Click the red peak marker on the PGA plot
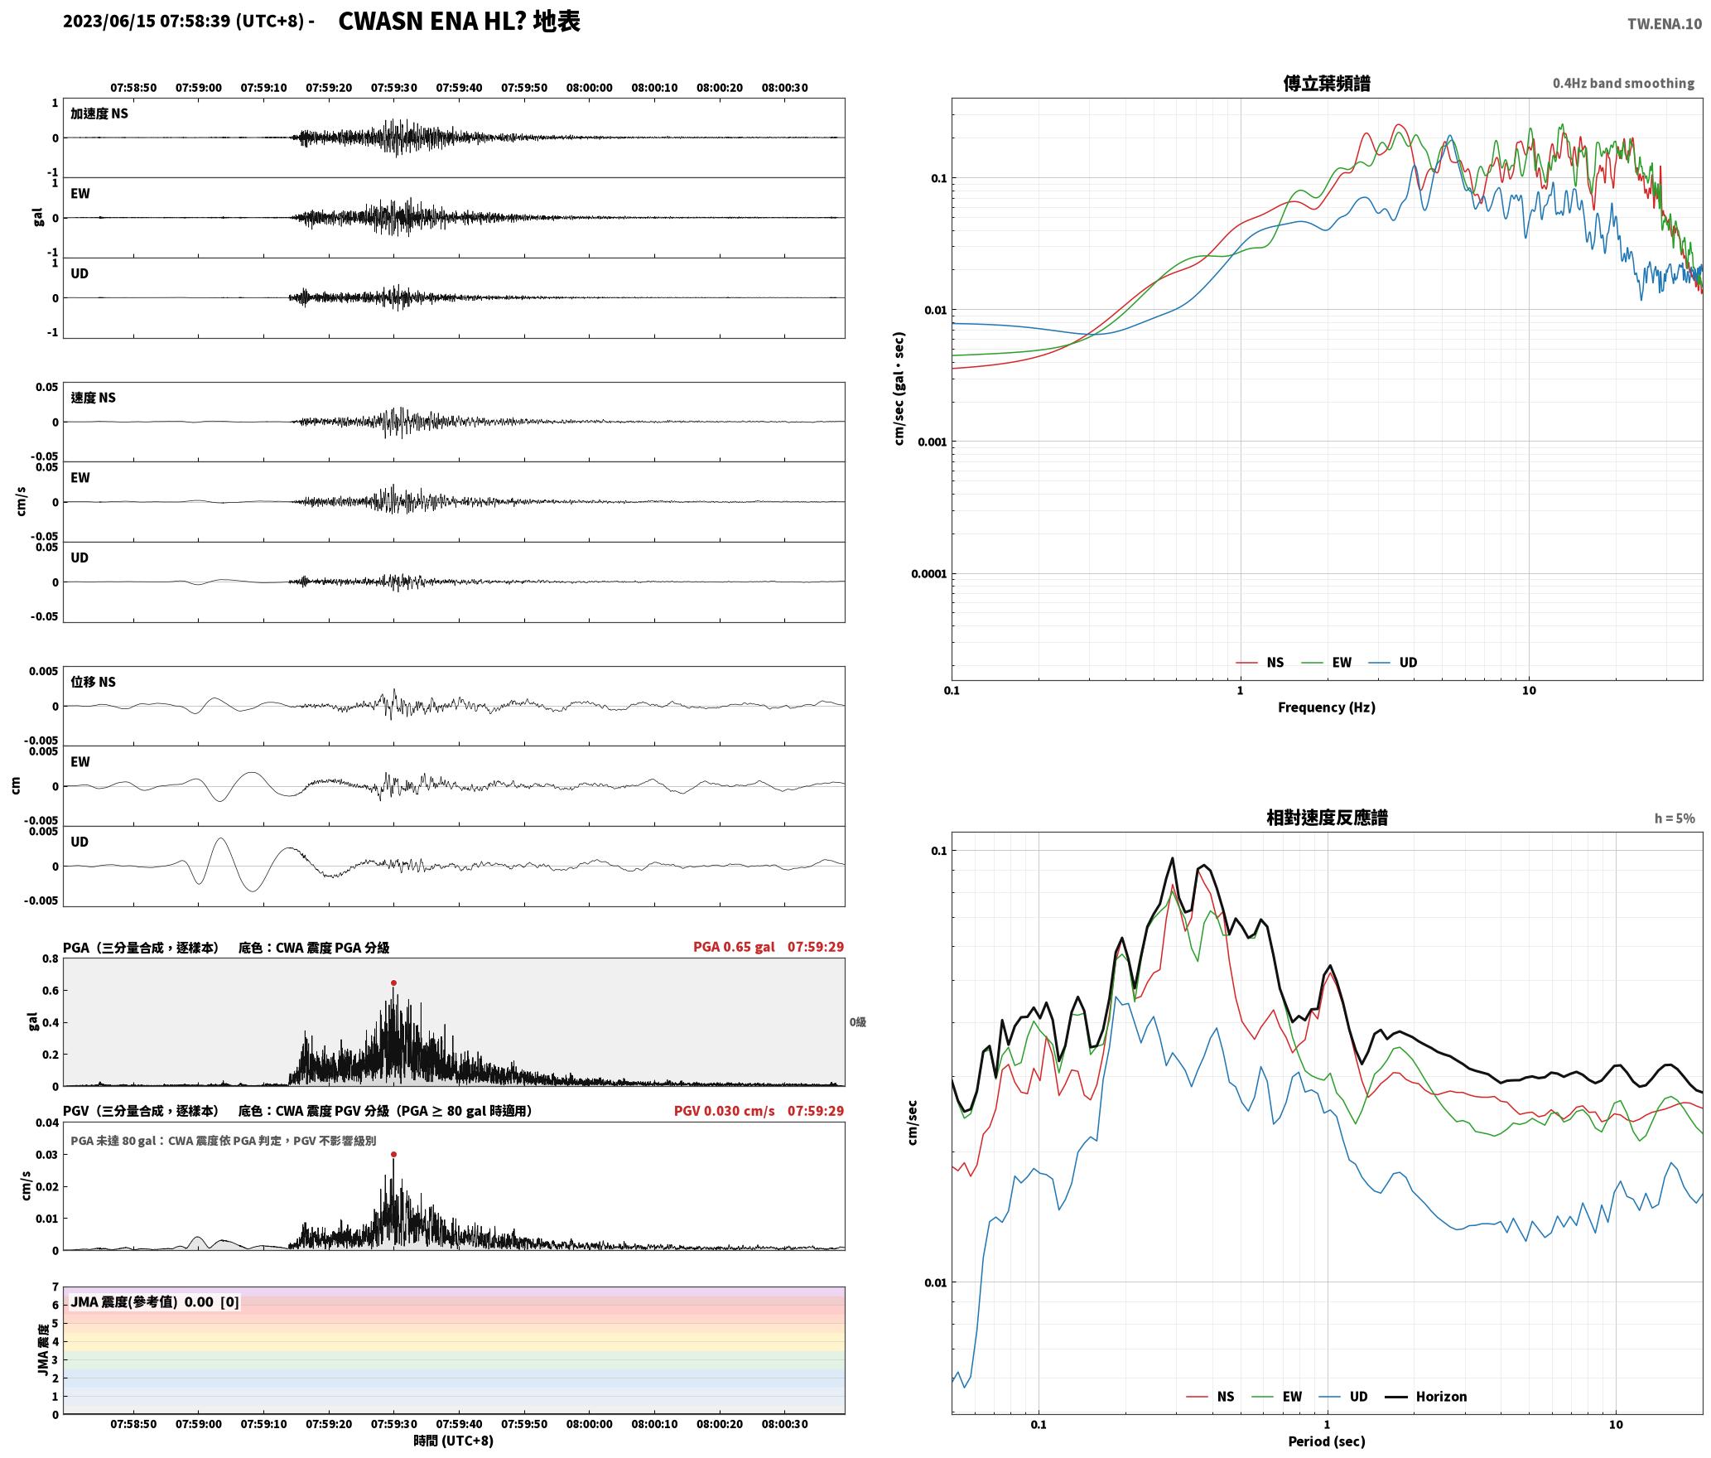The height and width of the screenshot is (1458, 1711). [393, 983]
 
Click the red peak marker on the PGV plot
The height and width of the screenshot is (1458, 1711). [393, 1154]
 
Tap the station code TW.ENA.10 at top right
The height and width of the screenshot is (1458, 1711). [1665, 24]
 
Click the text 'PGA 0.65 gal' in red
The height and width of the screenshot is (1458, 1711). [734, 947]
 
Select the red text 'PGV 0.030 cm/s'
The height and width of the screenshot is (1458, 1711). [724, 1111]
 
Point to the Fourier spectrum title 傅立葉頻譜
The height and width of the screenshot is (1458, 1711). [1326, 83]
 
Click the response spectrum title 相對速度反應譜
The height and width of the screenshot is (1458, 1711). [1327, 818]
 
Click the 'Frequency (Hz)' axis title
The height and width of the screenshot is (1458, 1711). [1326, 707]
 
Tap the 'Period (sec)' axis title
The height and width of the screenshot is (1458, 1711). [1326, 1441]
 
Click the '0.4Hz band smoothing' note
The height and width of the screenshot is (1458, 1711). [1623, 84]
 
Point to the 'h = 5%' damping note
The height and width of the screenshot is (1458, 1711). [1675, 818]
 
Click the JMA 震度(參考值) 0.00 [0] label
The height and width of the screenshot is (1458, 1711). [155, 1302]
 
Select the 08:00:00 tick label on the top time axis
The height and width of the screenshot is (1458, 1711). [590, 88]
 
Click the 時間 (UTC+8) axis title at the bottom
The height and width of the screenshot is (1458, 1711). [454, 1441]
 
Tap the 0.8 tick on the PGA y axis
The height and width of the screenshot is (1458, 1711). [51, 959]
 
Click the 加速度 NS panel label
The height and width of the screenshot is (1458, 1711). [99, 113]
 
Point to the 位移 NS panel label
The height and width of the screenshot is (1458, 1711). [93, 682]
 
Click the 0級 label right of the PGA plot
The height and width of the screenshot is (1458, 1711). [857, 1022]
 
